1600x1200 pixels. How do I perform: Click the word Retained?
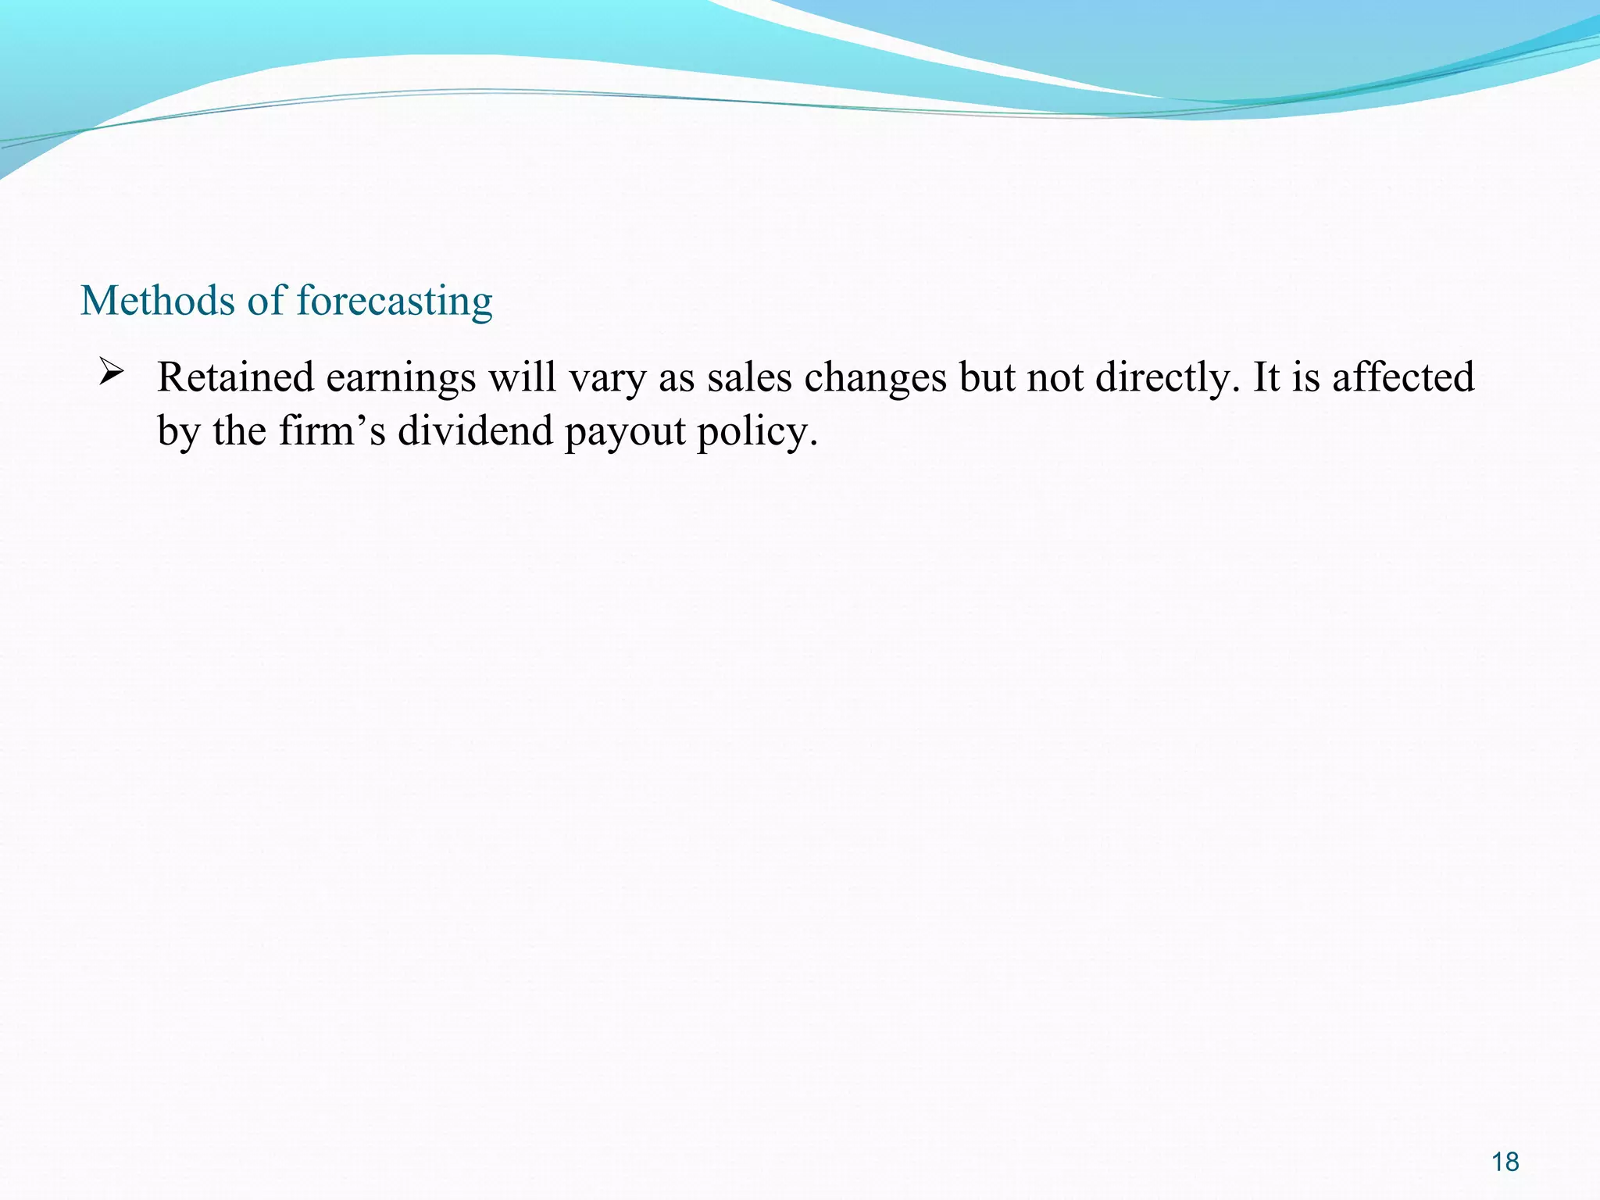pyautogui.click(x=235, y=377)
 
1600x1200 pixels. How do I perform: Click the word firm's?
pyautogui.click(x=332, y=430)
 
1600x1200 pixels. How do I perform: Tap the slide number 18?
pyautogui.click(x=1505, y=1162)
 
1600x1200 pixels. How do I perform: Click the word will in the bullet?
pyautogui.click(x=522, y=377)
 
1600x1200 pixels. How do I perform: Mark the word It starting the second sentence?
pyautogui.click(x=1266, y=377)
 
